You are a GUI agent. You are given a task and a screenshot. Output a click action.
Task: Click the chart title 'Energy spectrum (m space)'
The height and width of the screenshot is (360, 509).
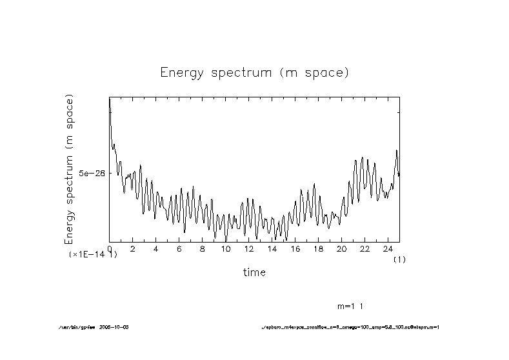(x=254, y=73)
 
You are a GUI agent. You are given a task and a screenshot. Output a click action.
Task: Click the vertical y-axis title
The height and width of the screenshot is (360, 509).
(x=69, y=169)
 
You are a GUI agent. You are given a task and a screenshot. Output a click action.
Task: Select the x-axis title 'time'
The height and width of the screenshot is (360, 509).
(x=254, y=272)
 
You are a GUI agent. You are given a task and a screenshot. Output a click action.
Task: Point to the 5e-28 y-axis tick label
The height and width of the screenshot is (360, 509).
(x=92, y=174)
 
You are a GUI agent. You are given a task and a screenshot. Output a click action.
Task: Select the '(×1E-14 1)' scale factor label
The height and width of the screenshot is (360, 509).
(x=93, y=255)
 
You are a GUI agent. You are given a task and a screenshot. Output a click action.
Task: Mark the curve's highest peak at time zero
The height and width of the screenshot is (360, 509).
(x=110, y=99)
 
